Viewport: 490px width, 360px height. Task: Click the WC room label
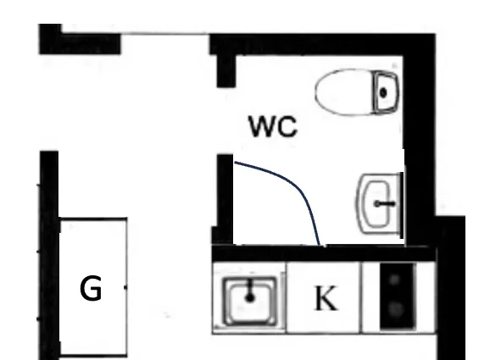click(273, 126)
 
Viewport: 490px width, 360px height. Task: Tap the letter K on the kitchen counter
click(326, 298)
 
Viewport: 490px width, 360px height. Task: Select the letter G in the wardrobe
click(91, 288)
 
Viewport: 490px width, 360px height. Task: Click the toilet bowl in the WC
click(343, 92)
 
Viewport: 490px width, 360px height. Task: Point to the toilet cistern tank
click(386, 92)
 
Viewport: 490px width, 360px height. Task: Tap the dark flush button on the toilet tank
click(383, 92)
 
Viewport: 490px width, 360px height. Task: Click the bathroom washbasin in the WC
click(379, 204)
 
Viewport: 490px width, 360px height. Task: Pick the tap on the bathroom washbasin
click(385, 204)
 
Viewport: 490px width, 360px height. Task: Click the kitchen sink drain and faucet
click(249, 291)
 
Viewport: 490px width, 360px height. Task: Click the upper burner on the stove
click(395, 280)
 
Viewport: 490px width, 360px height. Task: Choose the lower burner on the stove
click(396, 309)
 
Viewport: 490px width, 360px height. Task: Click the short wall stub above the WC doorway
click(226, 70)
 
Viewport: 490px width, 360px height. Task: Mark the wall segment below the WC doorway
click(223, 199)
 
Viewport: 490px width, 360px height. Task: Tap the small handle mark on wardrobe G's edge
click(125, 287)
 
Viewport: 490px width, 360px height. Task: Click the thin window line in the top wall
click(164, 33)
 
